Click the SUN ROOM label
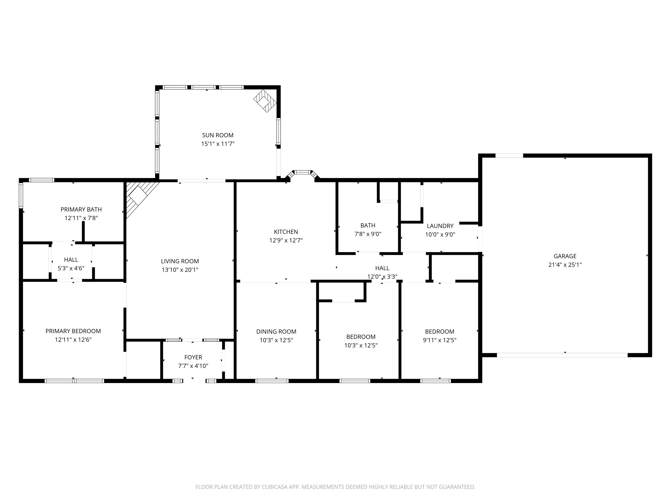[218, 135]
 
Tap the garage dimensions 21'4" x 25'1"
[565, 265]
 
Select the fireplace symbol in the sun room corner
[265, 101]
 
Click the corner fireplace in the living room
[139, 196]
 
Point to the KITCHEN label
[286, 232]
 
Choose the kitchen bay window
[303, 173]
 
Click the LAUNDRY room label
[440, 226]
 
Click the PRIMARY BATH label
[81, 209]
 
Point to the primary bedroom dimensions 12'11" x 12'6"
[73, 340]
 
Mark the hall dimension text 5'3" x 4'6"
[71, 268]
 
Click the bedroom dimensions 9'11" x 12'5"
[439, 340]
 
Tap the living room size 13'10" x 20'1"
[180, 269]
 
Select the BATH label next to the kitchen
[368, 225]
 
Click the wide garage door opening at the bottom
[562, 355]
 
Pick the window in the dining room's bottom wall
[272, 381]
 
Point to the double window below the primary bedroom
[74, 381]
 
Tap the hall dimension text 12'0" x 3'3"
[382, 277]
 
